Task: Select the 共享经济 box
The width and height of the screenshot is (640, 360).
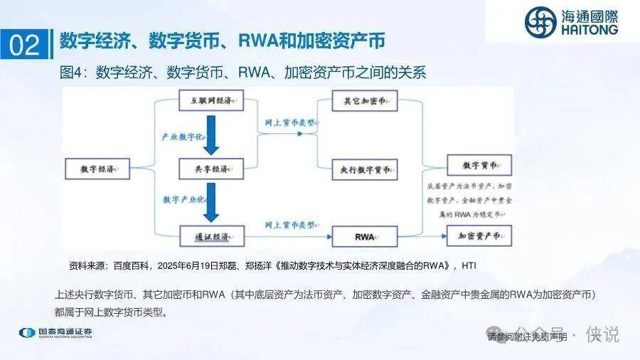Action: [x=210, y=169]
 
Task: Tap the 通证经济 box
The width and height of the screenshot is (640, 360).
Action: [x=210, y=234]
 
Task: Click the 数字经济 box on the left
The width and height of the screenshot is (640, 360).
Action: [x=97, y=169]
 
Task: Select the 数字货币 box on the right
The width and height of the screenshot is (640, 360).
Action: [x=478, y=165]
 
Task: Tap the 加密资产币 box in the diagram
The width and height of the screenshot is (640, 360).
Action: [x=478, y=234]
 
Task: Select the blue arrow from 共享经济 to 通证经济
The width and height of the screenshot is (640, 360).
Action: [x=210, y=201]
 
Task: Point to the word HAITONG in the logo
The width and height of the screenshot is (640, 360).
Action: [x=590, y=31]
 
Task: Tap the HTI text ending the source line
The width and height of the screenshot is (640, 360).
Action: [x=469, y=265]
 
